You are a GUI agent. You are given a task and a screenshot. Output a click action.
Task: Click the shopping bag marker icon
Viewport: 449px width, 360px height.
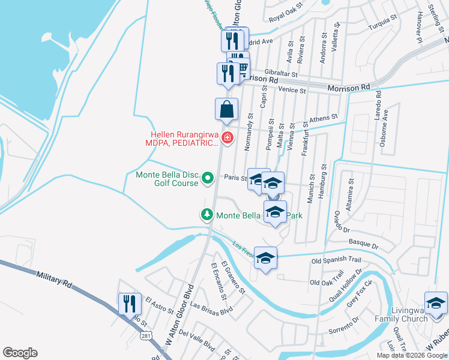(x=227, y=109)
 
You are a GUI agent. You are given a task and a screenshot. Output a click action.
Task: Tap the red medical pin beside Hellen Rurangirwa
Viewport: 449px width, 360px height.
(x=227, y=139)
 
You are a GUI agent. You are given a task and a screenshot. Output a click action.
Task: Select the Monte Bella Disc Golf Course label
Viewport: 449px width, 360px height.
(x=166, y=179)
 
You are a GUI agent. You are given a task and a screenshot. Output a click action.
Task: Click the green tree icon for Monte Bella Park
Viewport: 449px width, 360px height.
(x=207, y=214)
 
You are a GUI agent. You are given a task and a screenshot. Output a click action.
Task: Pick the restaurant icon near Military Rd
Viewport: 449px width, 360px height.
(x=130, y=304)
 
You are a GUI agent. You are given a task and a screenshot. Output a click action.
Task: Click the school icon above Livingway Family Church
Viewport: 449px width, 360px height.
(x=436, y=303)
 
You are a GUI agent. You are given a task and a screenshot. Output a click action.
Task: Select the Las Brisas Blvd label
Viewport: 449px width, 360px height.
(x=211, y=307)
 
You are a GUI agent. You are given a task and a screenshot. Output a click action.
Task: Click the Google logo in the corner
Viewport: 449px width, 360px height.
(x=20, y=353)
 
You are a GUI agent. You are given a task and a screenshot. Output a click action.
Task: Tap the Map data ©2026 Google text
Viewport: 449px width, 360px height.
(x=411, y=355)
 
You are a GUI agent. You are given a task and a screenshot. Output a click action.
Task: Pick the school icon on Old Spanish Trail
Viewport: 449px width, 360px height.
(x=265, y=258)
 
